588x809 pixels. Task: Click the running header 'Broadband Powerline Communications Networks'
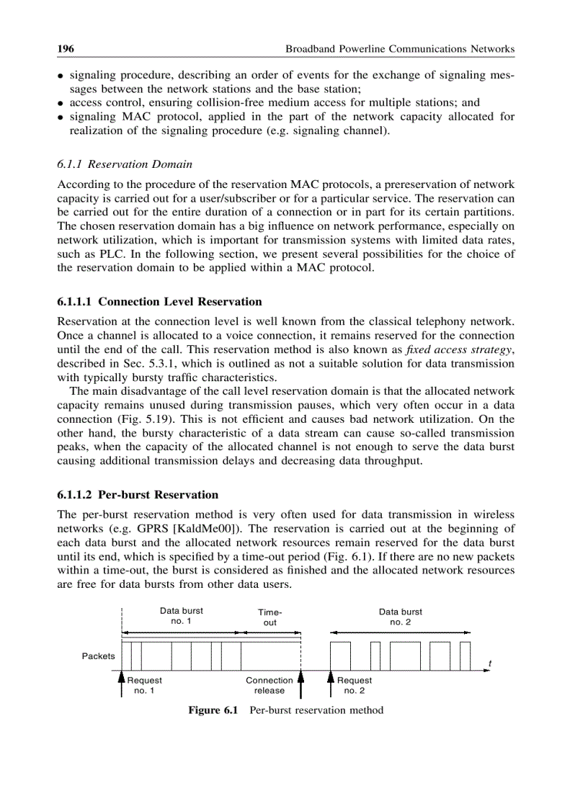click(400, 49)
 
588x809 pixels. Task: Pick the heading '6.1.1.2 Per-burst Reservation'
click(137, 495)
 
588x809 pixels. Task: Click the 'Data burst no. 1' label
click(181, 616)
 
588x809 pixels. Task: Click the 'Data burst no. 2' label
click(400, 617)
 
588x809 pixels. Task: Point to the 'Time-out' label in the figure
click(269, 617)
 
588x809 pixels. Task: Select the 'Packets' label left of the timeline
click(98, 656)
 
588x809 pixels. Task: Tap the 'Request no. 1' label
click(145, 685)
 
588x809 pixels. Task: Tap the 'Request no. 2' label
click(355, 685)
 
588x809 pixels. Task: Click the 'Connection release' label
click(269, 685)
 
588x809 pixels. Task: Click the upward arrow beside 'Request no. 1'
click(121, 684)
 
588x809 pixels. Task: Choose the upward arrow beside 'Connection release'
click(301, 684)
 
